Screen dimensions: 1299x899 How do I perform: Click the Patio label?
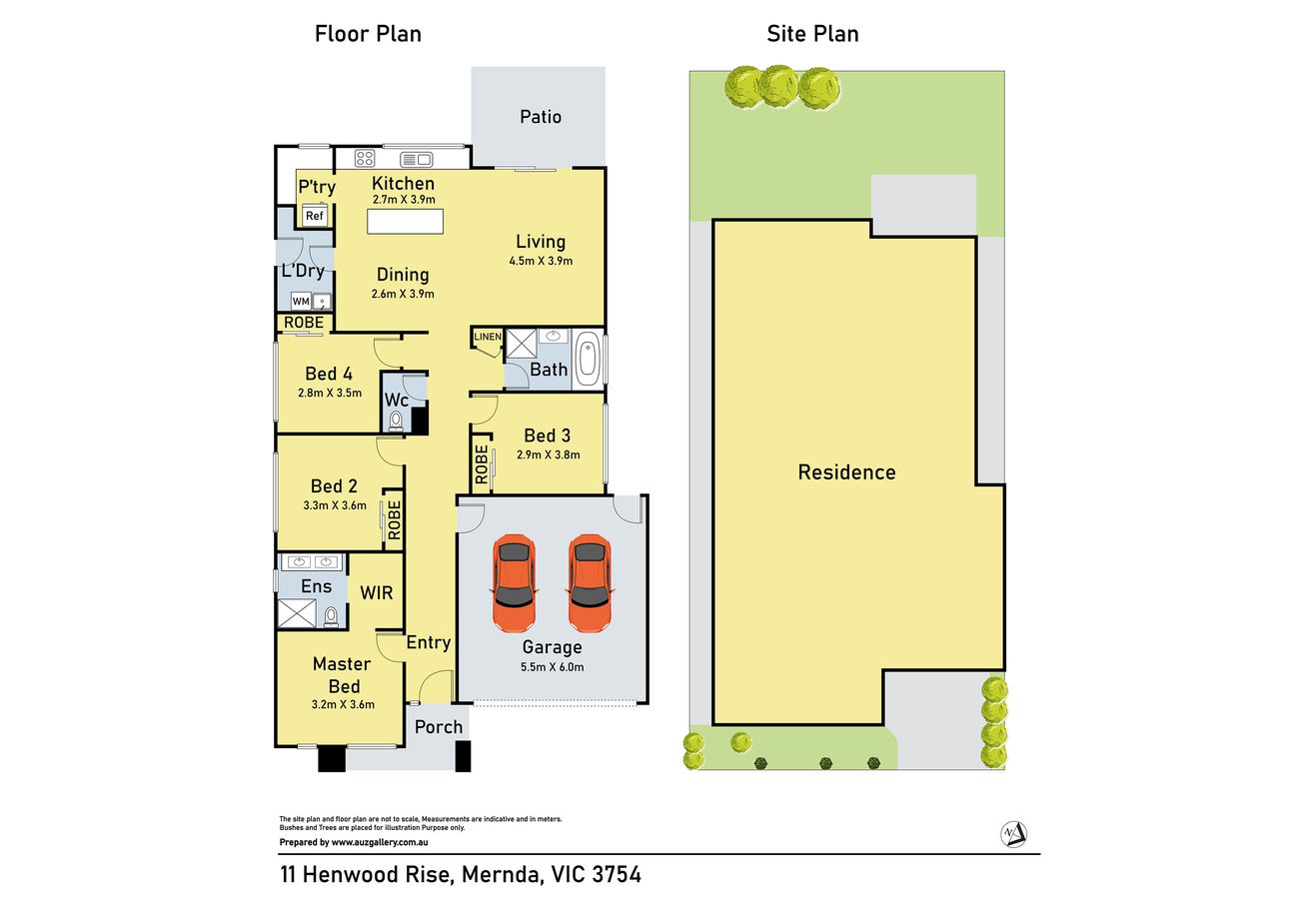pyautogui.click(x=541, y=117)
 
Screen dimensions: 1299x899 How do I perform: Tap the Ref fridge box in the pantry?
pyautogui.click(x=315, y=216)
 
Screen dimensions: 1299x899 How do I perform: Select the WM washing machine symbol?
pyautogui.click(x=301, y=302)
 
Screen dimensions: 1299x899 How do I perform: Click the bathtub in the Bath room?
pyautogui.click(x=587, y=360)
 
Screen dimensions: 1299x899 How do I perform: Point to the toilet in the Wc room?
pyautogui.click(x=396, y=421)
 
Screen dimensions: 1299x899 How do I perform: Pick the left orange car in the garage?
pyautogui.click(x=514, y=582)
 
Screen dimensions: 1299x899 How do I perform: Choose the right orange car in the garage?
pyautogui.click(x=590, y=582)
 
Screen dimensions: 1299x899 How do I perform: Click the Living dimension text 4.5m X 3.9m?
pyautogui.click(x=541, y=261)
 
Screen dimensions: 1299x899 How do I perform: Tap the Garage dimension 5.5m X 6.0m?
pyautogui.click(x=552, y=667)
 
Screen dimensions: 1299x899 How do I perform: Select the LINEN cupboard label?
pyautogui.click(x=488, y=337)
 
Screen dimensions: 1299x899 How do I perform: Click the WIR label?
pyautogui.click(x=377, y=593)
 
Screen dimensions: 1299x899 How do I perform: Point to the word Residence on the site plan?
pyautogui.click(x=846, y=472)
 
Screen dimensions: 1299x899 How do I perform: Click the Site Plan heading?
pyautogui.click(x=812, y=34)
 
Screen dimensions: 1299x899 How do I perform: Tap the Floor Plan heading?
pyautogui.click(x=368, y=34)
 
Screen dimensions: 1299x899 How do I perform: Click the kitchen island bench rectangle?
pyautogui.click(x=406, y=222)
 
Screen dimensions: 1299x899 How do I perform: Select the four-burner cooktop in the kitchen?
pyautogui.click(x=365, y=158)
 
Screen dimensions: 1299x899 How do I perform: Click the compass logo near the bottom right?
pyautogui.click(x=1013, y=834)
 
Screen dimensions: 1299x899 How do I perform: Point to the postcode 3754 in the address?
pyautogui.click(x=617, y=874)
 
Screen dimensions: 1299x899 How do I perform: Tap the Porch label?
pyautogui.click(x=439, y=727)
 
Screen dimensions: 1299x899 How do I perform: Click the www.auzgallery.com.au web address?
pyautogui.click(x=380, y=842)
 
